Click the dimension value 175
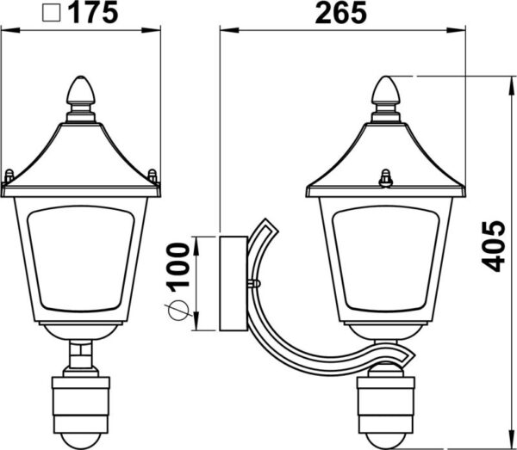pyautogui.click(x=93, y=12)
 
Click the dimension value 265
pyautogui.click(x=340, y=12)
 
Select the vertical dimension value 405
pyautogui.click(x=494, y=246)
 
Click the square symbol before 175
pyautogui.click(x=52, y=14)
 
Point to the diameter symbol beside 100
pyautogui.click(x=178, y=311)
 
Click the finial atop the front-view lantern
pyautogui.click(x=81, y=89)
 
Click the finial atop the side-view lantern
pyautogui.click(x=386, y=89)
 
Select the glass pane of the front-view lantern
pyautogui.click(x=81, y=259)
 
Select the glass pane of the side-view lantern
pyautogui.click(x=386, y=259)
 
